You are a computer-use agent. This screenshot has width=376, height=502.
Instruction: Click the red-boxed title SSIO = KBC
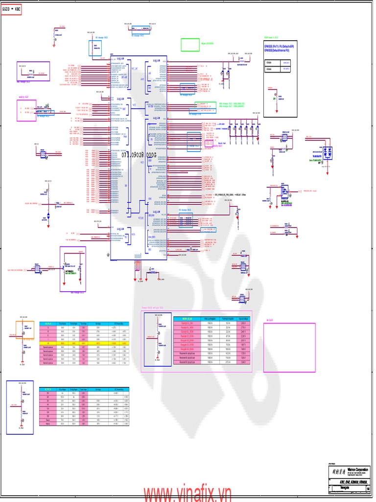[11, 9]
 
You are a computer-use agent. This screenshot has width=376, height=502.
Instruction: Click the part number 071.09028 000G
[139, 155]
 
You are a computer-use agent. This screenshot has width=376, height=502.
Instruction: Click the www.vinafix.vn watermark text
[187, 494]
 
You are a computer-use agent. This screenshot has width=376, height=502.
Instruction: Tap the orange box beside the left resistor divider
[25, 330]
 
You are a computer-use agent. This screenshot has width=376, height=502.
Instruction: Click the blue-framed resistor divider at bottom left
[20, 407]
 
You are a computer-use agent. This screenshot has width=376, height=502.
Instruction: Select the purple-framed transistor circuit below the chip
[72, 269]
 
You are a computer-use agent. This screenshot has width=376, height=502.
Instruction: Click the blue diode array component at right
[329, 152]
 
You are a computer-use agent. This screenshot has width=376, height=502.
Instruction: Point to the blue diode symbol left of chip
[48, 215]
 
